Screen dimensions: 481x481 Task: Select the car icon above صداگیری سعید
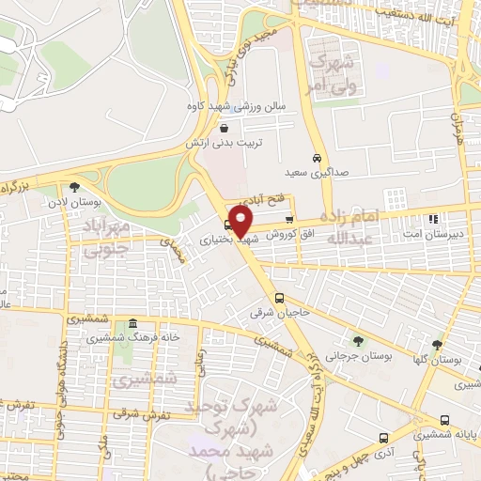click(317, 157)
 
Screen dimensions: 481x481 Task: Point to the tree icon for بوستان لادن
click(74, 186)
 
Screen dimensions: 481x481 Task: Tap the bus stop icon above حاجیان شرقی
click(265, 298)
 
